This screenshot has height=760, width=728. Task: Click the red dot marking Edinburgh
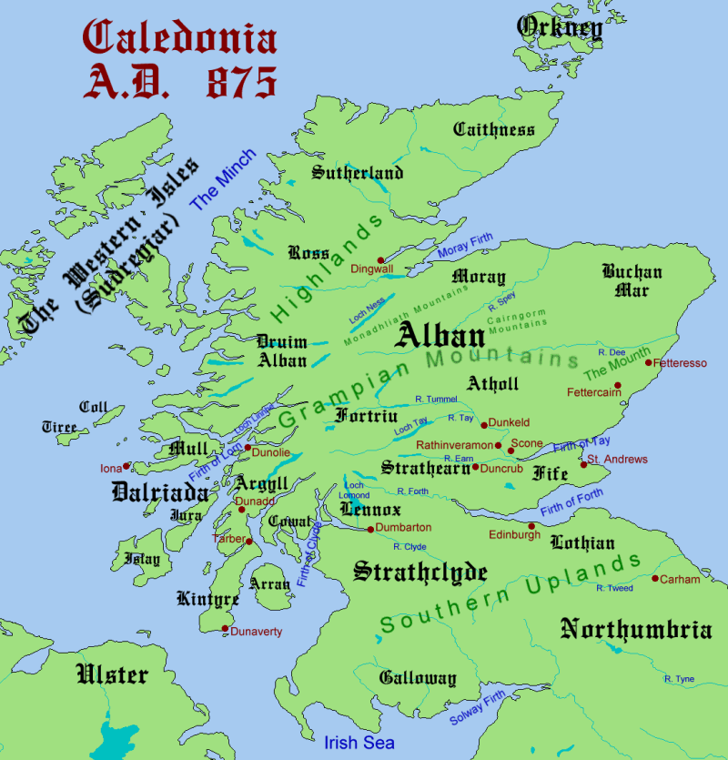click(x=531, y=526)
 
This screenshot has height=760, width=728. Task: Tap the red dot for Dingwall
click(x=380, y=259)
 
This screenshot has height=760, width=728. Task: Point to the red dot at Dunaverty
click(x=225, y=629)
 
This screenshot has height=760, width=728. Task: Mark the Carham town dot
click(x=654, y=578)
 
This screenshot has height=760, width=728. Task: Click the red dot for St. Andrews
click(x=584, y=465)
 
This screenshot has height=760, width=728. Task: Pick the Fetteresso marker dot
click(x=648, y=363)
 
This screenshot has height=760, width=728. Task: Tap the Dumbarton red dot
click(x=369, y=529)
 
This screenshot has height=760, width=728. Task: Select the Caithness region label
click(x=494, y=129)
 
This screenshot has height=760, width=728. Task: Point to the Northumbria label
click(x=635, y=629)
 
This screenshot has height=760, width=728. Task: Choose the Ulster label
click(x=112, y=674)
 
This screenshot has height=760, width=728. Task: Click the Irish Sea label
click(x=359, y=743)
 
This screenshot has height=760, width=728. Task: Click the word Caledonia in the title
click(x=179, y=38)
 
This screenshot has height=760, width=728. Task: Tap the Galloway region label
click(x=418, y=679)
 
